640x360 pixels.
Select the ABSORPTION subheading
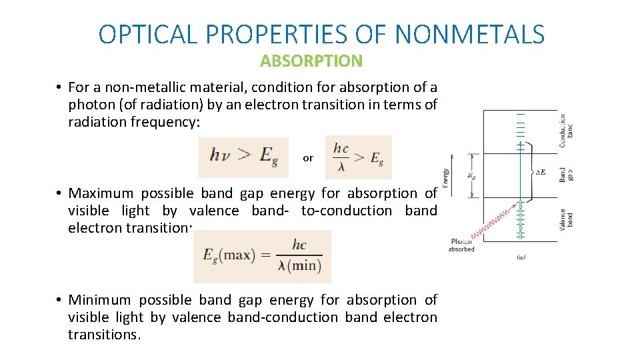(x=311, y=61)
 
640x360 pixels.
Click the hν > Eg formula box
(x=243, y=157)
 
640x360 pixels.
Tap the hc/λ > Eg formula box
(x=358, y=157)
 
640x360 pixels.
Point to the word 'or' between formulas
(x=307, y=158)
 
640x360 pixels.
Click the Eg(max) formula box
(x=262, y=257)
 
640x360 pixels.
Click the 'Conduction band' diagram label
(x=566, y=129)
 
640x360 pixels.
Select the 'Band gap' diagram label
(x=566, y=175)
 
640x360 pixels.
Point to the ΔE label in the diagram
(x=541, y=172)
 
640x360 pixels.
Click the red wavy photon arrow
(x=493, y=223)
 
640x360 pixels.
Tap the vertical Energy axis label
(x=445, y=177)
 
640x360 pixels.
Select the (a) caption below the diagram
(x=521, y=257)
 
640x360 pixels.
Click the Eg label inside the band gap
(x=472, y=177)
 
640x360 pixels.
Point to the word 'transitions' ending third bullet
(x=104, y=335)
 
